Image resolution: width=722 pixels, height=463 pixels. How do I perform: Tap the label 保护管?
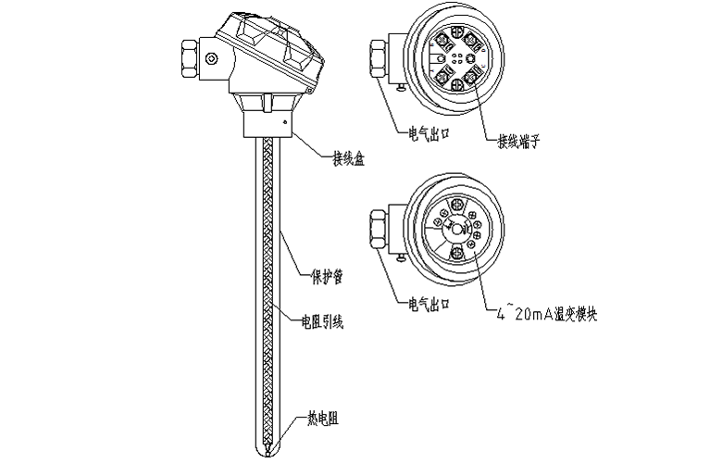click(319, 275)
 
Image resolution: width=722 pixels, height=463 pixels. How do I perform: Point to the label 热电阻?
click(321, 419)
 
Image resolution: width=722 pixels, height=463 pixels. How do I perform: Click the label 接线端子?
click(518, 142)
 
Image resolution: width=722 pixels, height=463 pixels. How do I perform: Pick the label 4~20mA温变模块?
click(547, 316)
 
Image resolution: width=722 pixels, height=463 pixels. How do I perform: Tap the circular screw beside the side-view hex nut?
click(212, 60)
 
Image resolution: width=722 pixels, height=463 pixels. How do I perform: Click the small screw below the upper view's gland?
click(399, 88)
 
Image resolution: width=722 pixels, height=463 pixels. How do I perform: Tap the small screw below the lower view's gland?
click(399, 260)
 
